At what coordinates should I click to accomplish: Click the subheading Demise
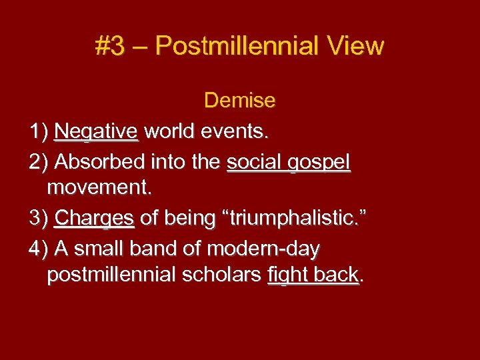click(239, 101)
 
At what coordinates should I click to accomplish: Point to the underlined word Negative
click(97, 131)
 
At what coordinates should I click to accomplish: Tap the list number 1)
click(39, 131)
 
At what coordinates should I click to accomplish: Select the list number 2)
click(39, 162)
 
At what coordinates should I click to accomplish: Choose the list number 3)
click(39, 218)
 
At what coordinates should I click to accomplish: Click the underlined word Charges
click(95, 219)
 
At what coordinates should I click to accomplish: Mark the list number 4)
click(39, 249)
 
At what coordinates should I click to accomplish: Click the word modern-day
click(264, 249)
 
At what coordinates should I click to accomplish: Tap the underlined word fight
click(287, 275)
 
